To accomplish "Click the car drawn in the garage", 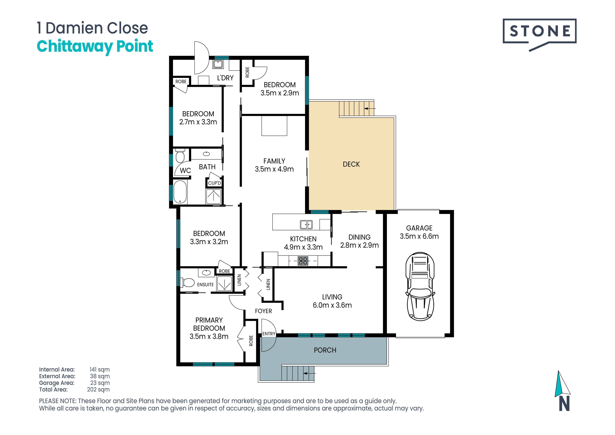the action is pyautogui.click(x=420, y=286).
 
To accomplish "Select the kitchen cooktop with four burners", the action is pyautogui.click(x=303, y=261).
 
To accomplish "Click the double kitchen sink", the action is pyautogui.click(x=306, y=224).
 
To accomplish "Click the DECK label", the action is pyautogui.click(x=351, y=164).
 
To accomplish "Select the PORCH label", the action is pyautogui.click(x=325, y=350).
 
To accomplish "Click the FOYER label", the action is pyautogui.click(x=263, y=311).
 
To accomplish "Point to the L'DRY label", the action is pyautogui.click(x=225, y=78).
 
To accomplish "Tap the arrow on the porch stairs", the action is pyautogui.click(x=309, y=373).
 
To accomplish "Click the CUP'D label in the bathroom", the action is pyautogui.click(x=215, y=183).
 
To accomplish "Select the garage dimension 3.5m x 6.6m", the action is pyautogui.click(x=419, y=236).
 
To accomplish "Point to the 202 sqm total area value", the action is pyautogui.click(x=98, y=390).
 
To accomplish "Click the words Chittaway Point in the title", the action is pyautogui.click(x=95, y=46).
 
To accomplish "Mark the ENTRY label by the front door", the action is pyautogui.click(x=269, y=334).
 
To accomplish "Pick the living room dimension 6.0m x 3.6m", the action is pyautogui.click(x=332, y=305).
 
